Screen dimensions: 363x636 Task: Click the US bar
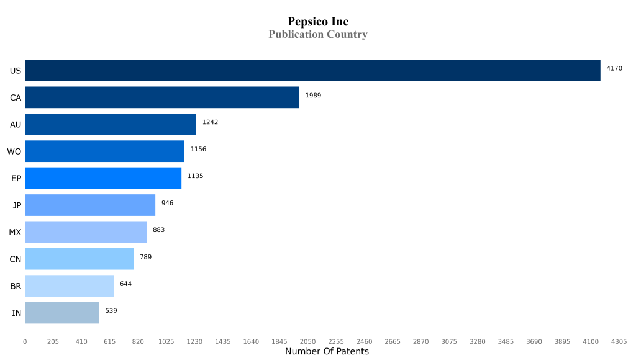(x=312, y=71)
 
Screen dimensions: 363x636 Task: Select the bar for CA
(x=162, y=97)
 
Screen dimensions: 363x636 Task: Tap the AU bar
(x=111, y=124)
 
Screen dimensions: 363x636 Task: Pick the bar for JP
(x=90, y=205)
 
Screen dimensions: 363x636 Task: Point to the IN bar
(x=62, y=313)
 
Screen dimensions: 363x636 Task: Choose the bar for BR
(x=69, y=286)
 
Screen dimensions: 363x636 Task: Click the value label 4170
(x=614, y=68)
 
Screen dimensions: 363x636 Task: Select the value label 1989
(x=313, y=95)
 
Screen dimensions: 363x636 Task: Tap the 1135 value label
(x=195, y=176)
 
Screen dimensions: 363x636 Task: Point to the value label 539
(x=111, y=310)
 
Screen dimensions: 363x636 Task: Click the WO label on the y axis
(x=14, y=151)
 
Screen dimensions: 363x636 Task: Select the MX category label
(x=15, y=232)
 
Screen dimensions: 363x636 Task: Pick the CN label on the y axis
(x=16, y=259)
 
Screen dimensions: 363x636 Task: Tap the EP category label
(x=16, y=178)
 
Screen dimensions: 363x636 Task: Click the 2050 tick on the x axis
(x=307, y=341)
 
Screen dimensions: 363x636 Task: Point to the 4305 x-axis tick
(x=619, y=341)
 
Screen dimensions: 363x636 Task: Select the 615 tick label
(x=109, y=341)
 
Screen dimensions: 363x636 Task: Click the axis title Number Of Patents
(x=327, y=352)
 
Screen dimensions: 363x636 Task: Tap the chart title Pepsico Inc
(x=318, y=22)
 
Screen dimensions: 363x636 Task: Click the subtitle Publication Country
(x=318, y=35)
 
